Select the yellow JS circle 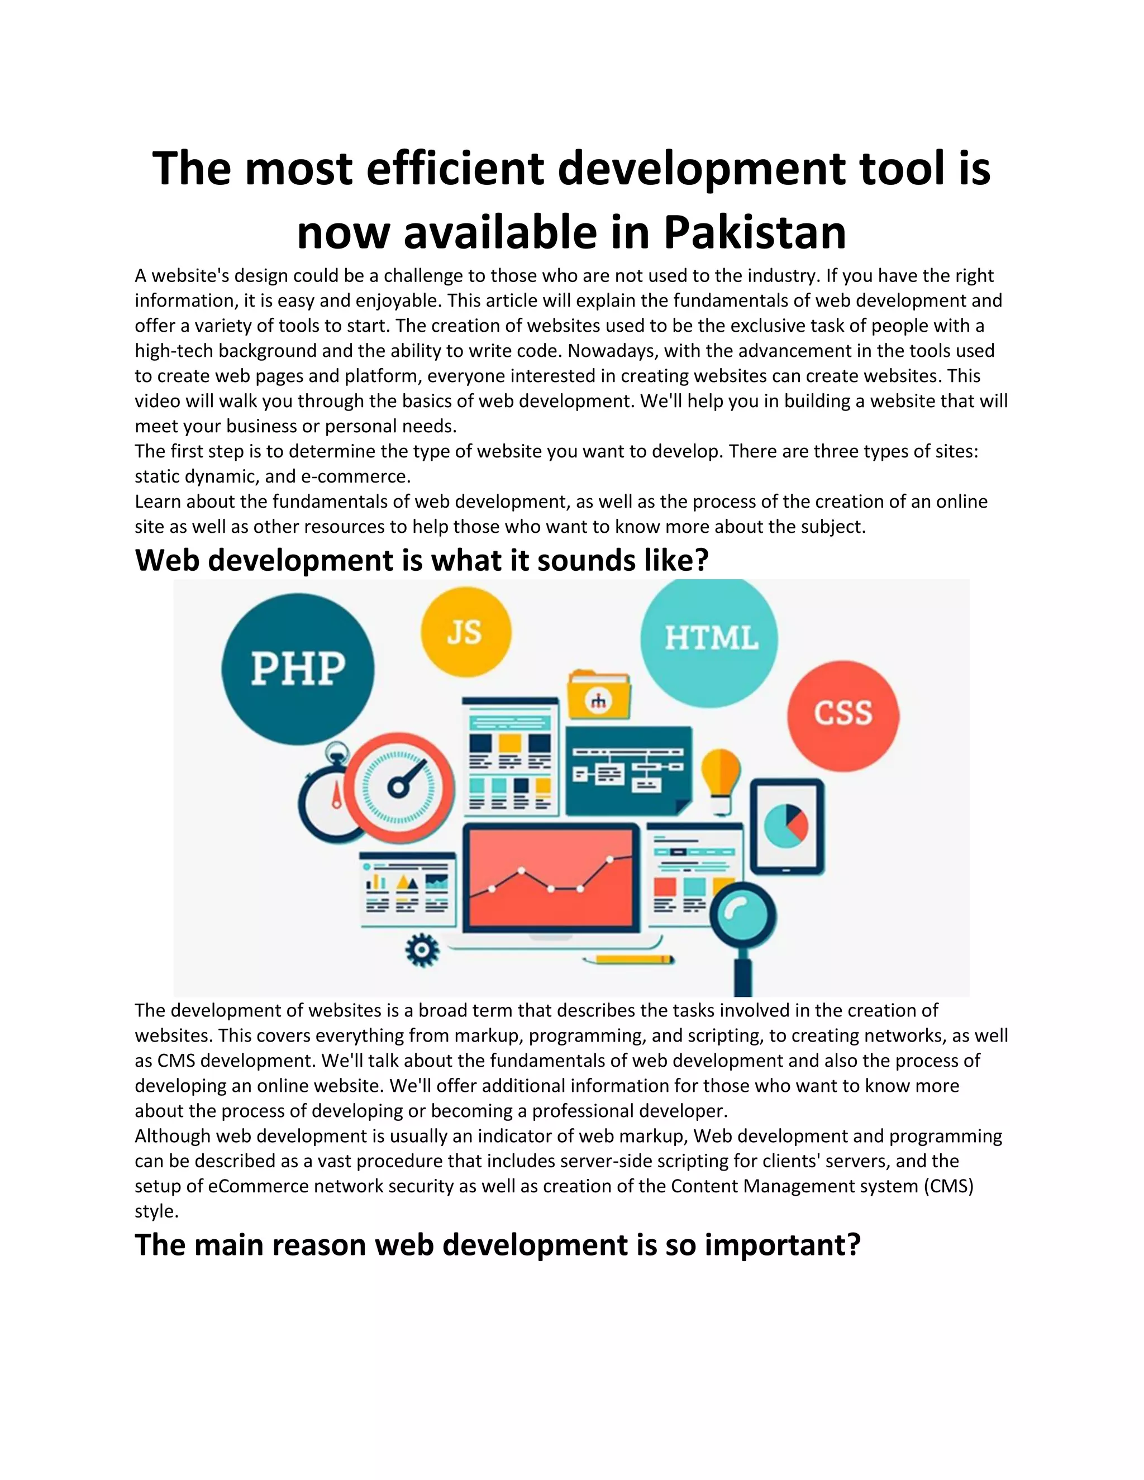coord(466,632)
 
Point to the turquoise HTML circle coord(709,638)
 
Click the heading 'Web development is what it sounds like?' coord(422,560)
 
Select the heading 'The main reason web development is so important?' coord(498,1245)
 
